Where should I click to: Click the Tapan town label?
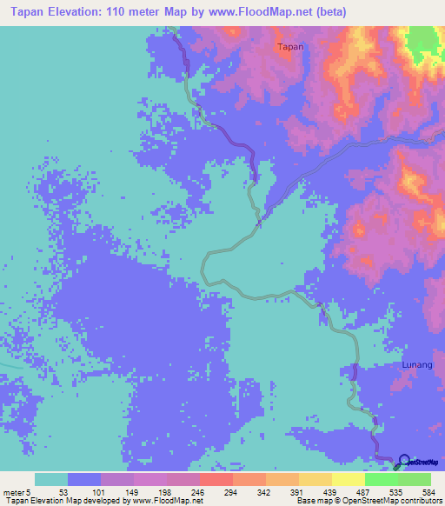tap(290, 47)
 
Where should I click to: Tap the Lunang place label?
tap(416, 365)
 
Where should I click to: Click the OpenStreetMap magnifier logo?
tap(402, 461)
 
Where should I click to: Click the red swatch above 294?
tap(216, 479)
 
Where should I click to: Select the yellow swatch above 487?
tap(348, 479)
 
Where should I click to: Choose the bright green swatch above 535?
tap(381, 479)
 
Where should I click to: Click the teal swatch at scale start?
tap(50, 479)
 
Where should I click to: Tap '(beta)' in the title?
tap(329, 12)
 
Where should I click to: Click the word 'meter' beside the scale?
tap(14, 491)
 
